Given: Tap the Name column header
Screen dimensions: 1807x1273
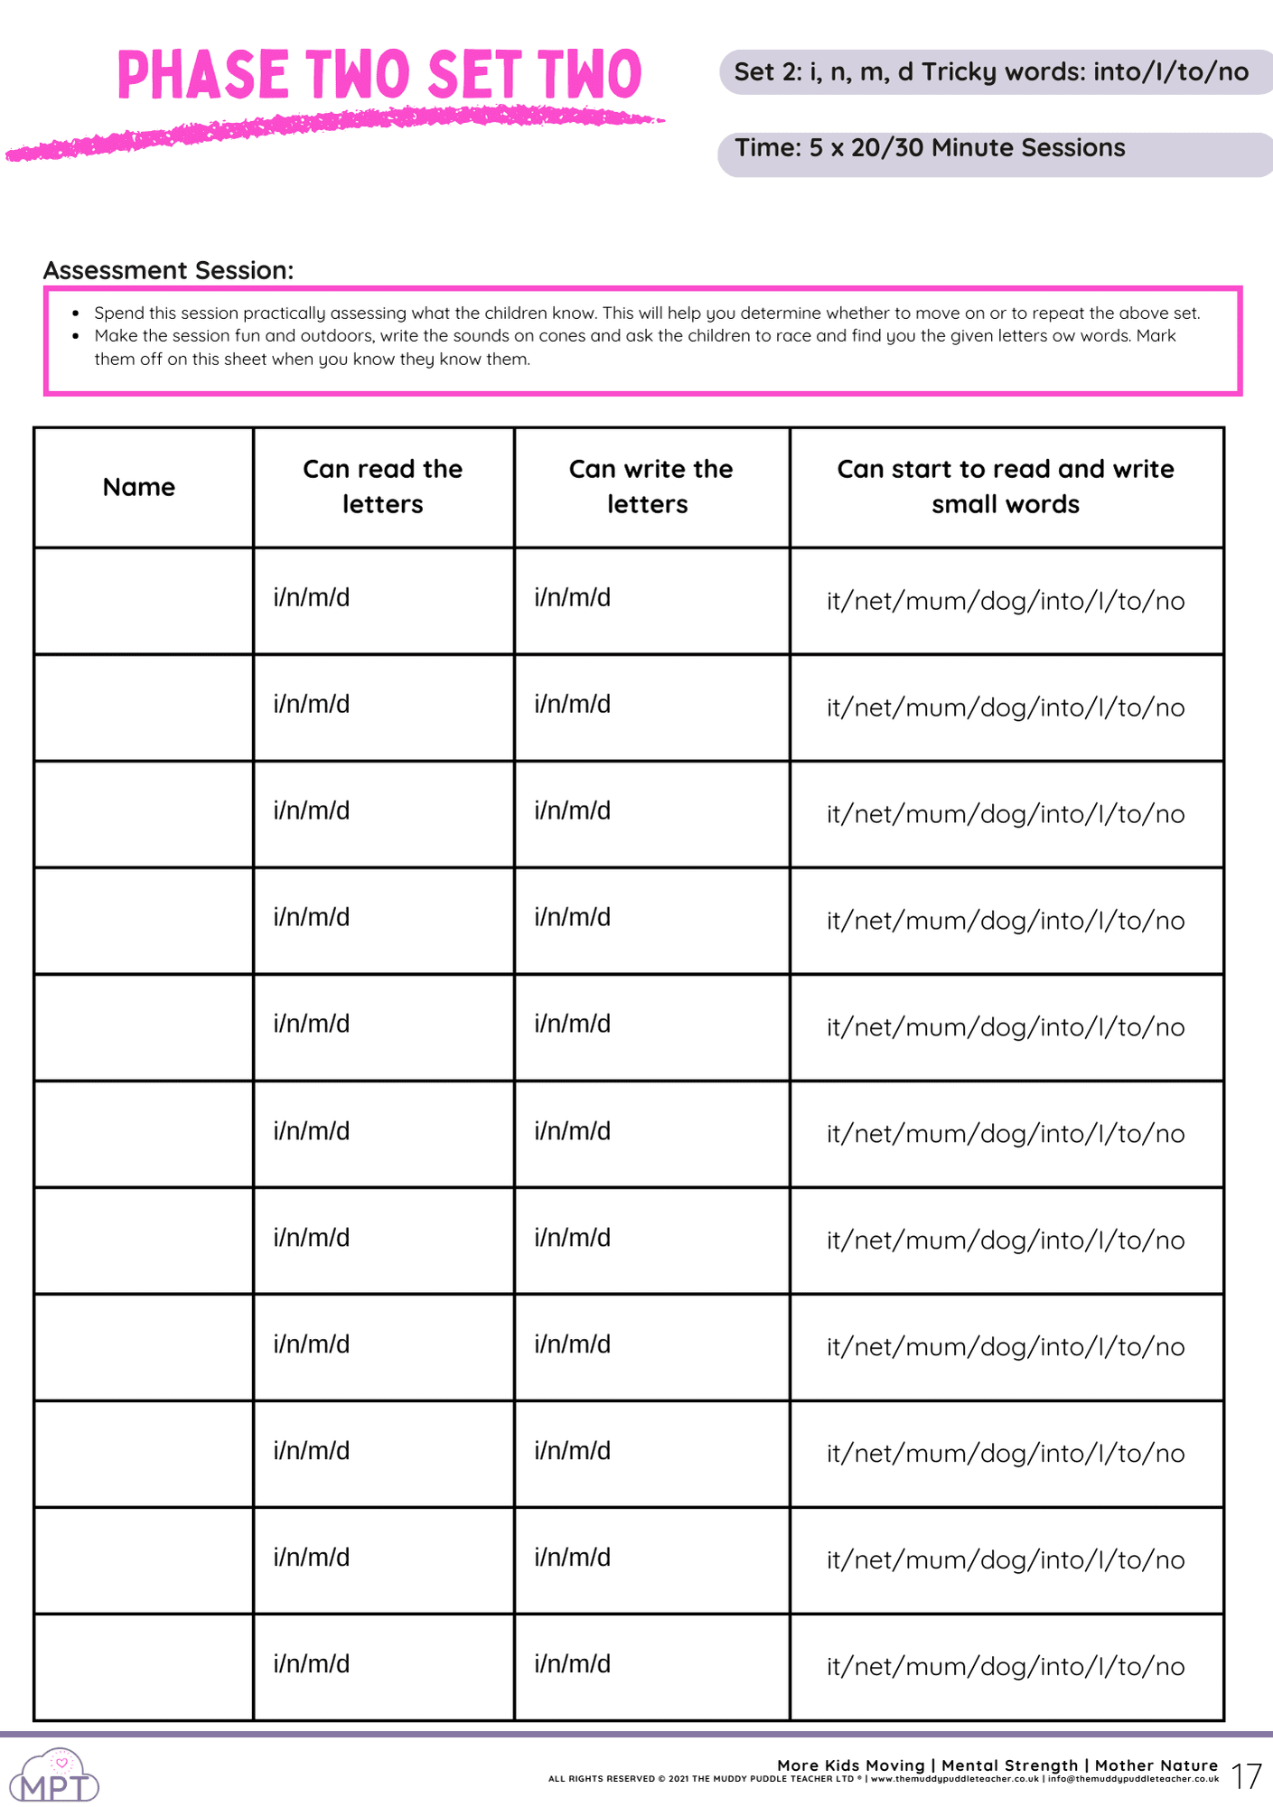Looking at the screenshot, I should tap(138, 487).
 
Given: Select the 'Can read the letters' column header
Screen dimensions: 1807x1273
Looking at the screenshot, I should tap(382, 486).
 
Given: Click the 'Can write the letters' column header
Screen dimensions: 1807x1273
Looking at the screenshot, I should tap(651, 486).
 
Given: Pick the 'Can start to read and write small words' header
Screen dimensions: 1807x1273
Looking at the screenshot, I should tap(1005, 486).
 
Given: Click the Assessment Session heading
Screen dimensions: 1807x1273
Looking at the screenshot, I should tap(168, 270).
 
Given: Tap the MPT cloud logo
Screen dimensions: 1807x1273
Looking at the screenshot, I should tap(56, 1776).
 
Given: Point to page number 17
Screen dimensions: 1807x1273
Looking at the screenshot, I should tap(1246, 1776).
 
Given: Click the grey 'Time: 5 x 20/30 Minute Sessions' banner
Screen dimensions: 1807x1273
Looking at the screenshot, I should tap(994, 154).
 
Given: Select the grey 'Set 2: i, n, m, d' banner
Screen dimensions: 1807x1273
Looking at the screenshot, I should tap(994, 72).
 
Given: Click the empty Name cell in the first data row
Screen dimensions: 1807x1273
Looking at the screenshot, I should tap(144, 600).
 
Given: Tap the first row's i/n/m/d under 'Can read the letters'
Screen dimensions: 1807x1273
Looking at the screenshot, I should tap(312, 597).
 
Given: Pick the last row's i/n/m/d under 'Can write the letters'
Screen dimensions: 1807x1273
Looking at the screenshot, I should tap(573, 1663).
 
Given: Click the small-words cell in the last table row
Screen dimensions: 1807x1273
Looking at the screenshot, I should tap(1006, 1666).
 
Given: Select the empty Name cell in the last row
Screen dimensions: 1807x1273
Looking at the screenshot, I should tap(144, 1666).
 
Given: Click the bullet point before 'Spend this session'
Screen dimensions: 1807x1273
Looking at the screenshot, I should tap(76, 314).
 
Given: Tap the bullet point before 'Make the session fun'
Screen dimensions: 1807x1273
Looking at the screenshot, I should tap(76, 336).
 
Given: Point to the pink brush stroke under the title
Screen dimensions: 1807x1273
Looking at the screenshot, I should tap(334, 131).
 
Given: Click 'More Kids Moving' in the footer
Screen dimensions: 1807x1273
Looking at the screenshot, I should tap(851, 1765).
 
